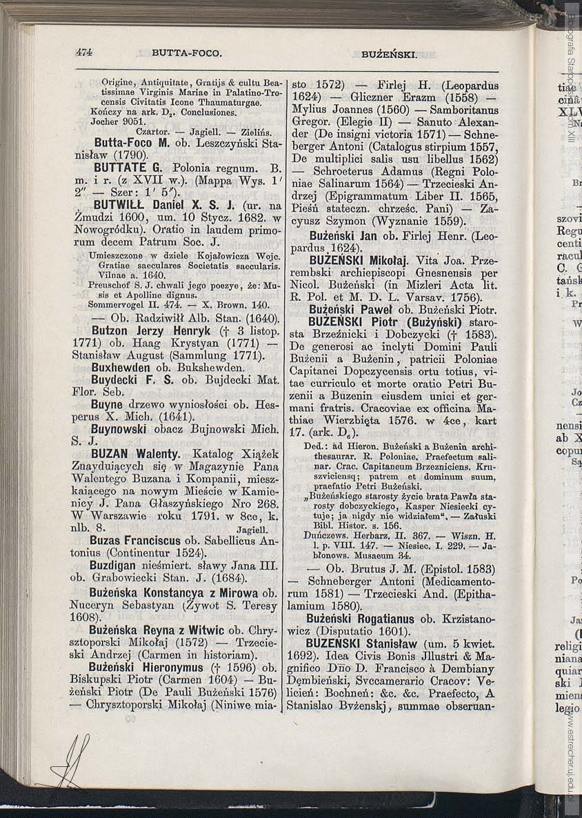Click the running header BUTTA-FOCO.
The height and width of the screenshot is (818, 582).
tap(186, 52)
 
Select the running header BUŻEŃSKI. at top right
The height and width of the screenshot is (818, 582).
tap(388, 54)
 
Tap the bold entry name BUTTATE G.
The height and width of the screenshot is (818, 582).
tap(128, 168)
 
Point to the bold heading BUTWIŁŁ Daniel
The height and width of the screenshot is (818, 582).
tap(155, 206)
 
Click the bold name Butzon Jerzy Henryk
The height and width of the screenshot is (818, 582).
tap(137, 331)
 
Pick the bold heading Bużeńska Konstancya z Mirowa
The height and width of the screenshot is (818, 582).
tap(174, 592)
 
